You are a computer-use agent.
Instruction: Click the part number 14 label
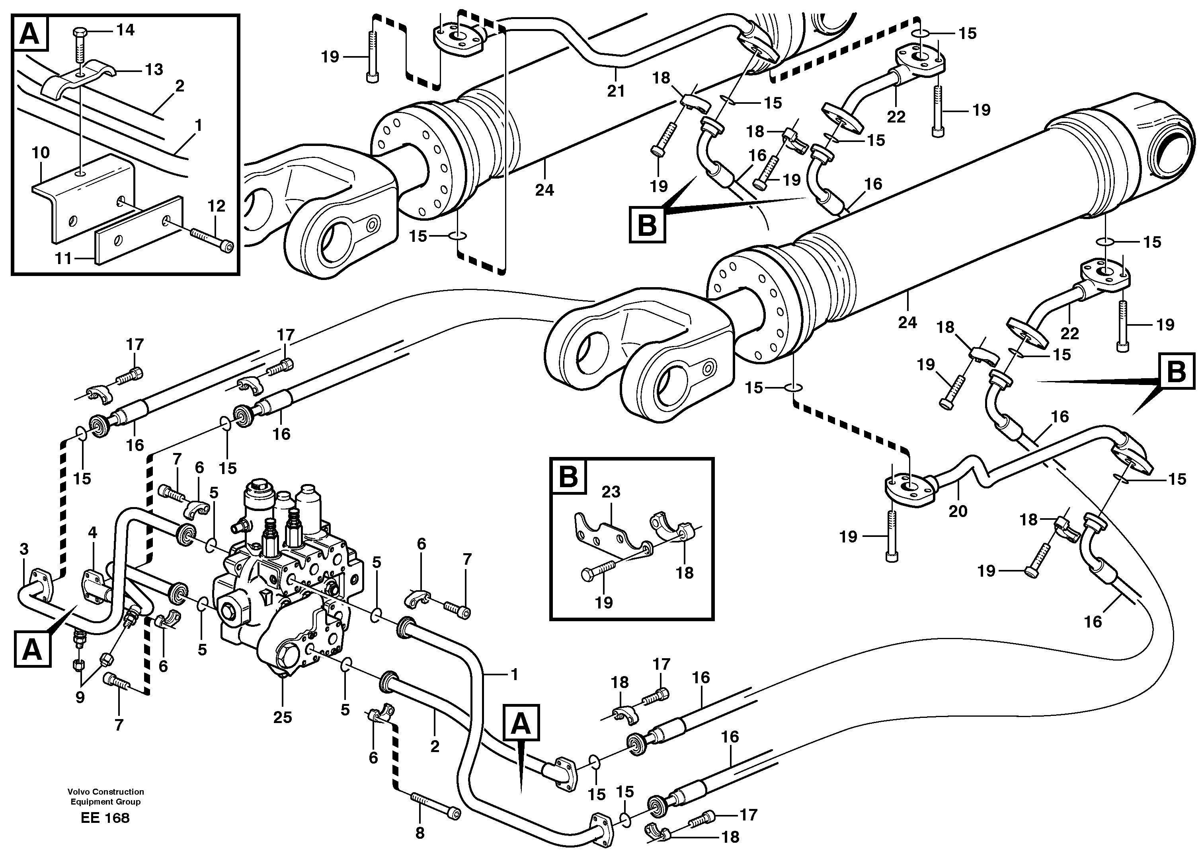[126, 30]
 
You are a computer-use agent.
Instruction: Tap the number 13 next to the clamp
[154, 70]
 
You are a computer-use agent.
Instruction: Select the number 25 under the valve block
[283, 717]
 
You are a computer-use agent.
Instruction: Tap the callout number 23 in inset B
[611, 492]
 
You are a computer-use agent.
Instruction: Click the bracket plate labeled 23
[611, 535]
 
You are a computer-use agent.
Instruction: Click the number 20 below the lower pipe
[958, 511]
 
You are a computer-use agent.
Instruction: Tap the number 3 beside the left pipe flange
[24, 549]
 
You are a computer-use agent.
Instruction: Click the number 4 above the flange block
[93, 532]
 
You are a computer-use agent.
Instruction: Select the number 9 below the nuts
[80, 697]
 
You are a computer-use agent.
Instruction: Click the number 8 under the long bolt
[420, 834]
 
